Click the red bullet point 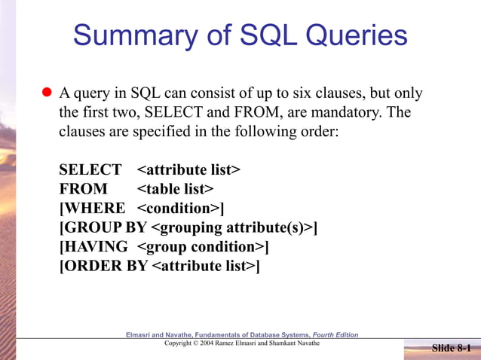45,93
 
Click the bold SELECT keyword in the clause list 90,169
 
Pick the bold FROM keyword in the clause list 83,188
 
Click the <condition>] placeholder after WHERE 181,208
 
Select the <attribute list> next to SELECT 188,169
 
